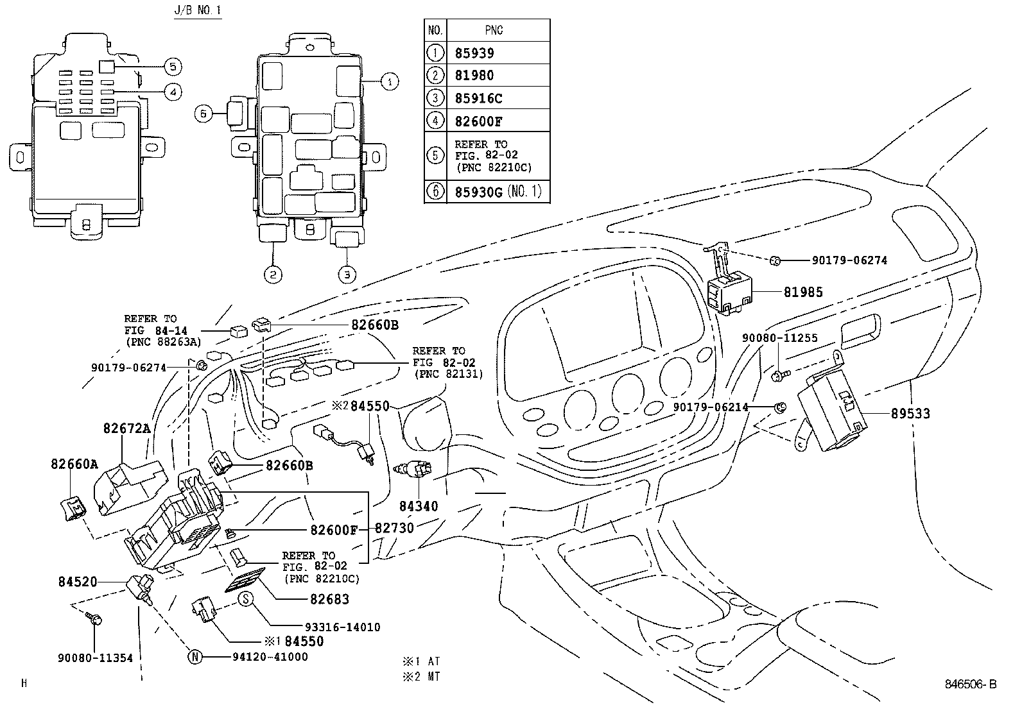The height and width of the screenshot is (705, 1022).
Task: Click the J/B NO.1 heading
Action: point(198,11)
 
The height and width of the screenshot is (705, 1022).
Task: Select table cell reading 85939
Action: point(475,53)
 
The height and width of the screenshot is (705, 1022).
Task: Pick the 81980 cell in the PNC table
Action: point(475,76)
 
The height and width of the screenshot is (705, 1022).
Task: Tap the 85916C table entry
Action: point(479,98)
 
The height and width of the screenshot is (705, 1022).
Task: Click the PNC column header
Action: point(494,30)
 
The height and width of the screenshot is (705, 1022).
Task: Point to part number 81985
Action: point(802,293)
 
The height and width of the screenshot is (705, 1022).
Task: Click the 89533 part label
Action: point(910,414)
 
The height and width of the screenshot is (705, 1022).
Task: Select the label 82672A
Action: point(127,429)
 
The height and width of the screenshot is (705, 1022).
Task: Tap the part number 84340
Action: point(419,507)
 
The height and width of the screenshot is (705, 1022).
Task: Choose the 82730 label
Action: point(394,528)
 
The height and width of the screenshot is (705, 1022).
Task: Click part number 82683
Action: point(329,599)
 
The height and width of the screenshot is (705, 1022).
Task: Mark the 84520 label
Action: point(77,582)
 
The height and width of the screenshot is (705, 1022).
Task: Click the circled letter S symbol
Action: point(247,599)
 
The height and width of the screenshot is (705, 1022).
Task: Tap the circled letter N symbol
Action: point(195,656)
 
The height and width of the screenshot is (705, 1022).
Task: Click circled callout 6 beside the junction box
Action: point(203,114)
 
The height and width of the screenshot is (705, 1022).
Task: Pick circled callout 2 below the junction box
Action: point(273,275)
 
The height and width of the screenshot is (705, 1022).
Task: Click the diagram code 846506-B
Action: point(970,684)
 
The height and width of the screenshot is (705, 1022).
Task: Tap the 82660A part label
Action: point(74,464)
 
